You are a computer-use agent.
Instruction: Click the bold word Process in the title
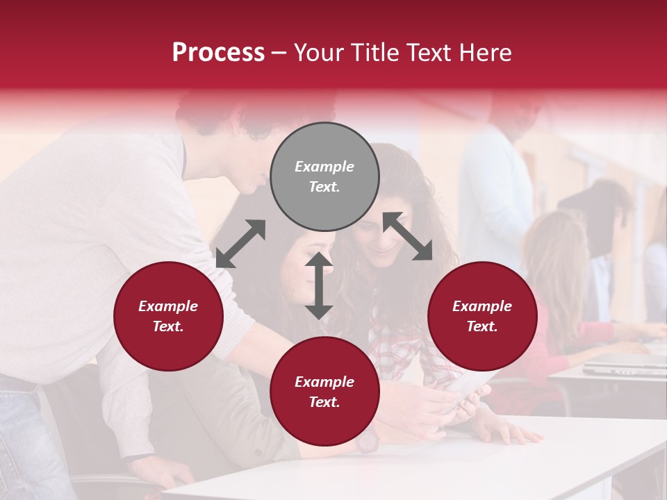218,53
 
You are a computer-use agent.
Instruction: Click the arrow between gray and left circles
240,244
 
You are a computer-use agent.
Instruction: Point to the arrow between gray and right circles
407,236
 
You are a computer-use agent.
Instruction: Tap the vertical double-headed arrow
319,285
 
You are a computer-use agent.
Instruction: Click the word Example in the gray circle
324,167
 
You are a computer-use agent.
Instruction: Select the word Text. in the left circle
168,326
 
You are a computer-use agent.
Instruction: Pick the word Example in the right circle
482,306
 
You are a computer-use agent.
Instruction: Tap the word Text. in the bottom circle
324,402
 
